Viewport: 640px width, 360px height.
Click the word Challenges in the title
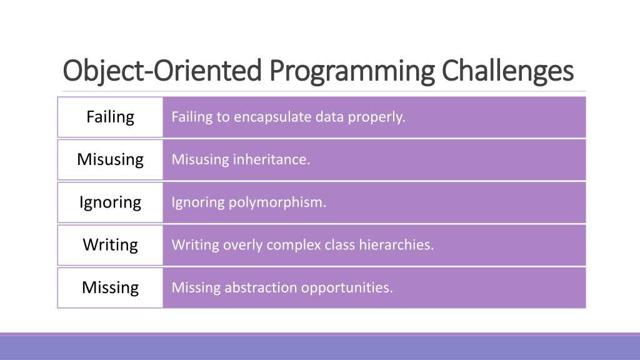point(507,71)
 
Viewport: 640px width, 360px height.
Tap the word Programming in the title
point(352,72)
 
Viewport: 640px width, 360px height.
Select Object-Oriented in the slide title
point(162,71)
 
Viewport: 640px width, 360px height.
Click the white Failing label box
point(110,117)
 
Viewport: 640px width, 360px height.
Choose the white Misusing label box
point(110,159)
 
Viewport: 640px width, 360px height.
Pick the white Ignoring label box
point(110,202)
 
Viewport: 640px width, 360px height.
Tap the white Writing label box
point(110,245)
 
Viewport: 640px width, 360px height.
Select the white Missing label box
point(110,287)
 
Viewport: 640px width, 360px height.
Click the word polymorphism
point(277,202)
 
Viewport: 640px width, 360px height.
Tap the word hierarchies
point(396,245)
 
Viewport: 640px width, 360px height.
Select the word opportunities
point(347,288)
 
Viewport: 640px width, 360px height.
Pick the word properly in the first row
point(376,117)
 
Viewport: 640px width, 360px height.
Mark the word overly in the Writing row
point(243,246)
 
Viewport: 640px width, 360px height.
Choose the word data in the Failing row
point(330,117)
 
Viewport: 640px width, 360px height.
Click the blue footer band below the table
point(320,347)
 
